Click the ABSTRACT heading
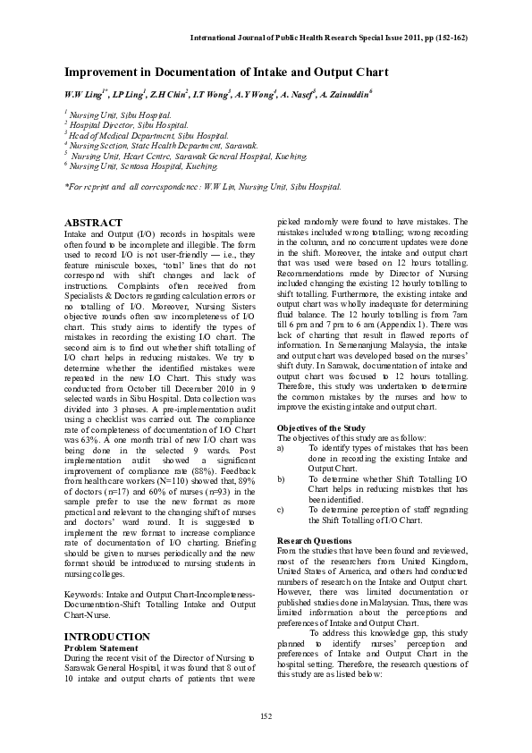tap(94, 222)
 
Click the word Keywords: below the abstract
tap(87, 594)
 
